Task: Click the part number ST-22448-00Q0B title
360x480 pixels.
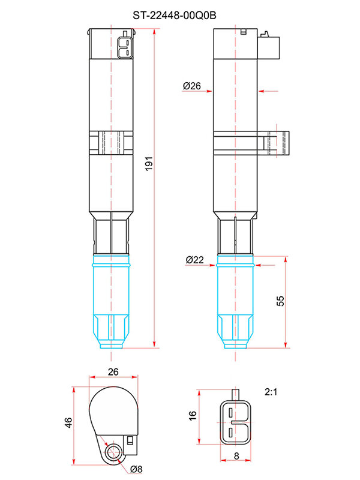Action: click(175, 15)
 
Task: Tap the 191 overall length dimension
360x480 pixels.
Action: click(148, 164)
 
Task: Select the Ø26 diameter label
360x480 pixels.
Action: click(192, 86)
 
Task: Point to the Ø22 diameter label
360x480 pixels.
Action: click(194, 260)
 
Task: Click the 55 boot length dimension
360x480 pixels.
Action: click(280, 301)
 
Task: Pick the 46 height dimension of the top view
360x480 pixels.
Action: click(68, 422)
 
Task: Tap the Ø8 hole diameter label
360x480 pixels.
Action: click(137, 469)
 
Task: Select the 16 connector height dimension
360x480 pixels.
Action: click(192, 416)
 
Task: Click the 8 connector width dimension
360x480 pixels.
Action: click(236, 456)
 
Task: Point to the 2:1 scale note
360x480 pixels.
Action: click(271, 392)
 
